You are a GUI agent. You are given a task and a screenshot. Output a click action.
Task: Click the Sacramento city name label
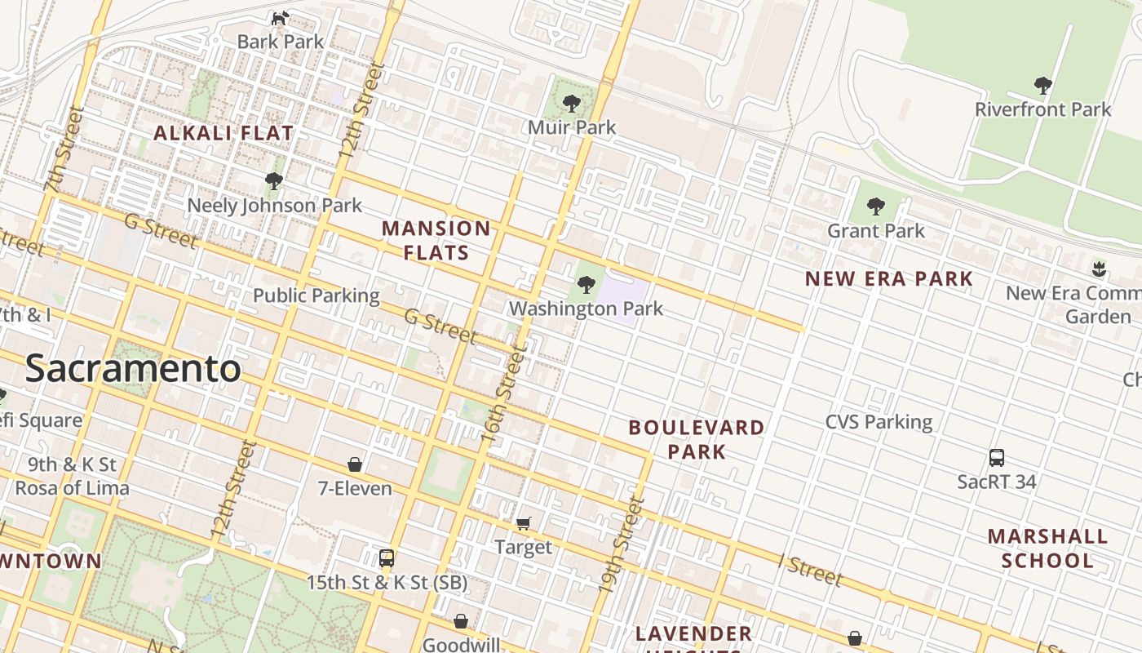(133, 369)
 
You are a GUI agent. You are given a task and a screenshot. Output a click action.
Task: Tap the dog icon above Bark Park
(280, 18)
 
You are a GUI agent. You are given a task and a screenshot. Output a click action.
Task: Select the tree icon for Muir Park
(572, 104)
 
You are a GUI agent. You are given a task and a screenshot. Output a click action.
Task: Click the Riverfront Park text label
(1042, 109)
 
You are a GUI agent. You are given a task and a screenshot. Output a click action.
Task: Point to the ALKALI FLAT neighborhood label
(224, 133)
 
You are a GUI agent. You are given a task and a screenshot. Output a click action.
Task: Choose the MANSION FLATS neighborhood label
(436, 240)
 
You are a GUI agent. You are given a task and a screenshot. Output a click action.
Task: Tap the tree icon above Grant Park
(876, 207)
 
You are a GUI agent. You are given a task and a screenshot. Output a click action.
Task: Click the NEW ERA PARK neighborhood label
(889, 279)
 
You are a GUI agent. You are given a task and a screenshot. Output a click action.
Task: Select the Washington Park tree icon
(586, 285)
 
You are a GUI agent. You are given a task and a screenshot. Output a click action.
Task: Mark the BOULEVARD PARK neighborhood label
(697, 439)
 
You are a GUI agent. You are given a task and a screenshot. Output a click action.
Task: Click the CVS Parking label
(879, 422)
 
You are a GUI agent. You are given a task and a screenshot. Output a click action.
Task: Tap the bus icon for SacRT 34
(996, 458)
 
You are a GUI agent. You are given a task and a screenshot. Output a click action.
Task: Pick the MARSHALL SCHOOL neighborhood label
(1047, 548)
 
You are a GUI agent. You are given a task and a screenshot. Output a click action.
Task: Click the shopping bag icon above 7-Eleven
(355, 464)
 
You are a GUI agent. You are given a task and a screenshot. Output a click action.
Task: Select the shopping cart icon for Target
(523, 523)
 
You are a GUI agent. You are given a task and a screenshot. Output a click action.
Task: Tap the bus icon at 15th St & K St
(387, 559)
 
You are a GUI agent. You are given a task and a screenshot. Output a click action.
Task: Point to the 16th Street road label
(505, 395)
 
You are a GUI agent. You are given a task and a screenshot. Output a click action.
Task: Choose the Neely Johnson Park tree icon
(274, 180)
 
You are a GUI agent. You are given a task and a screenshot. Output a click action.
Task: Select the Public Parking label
(316, 295)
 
